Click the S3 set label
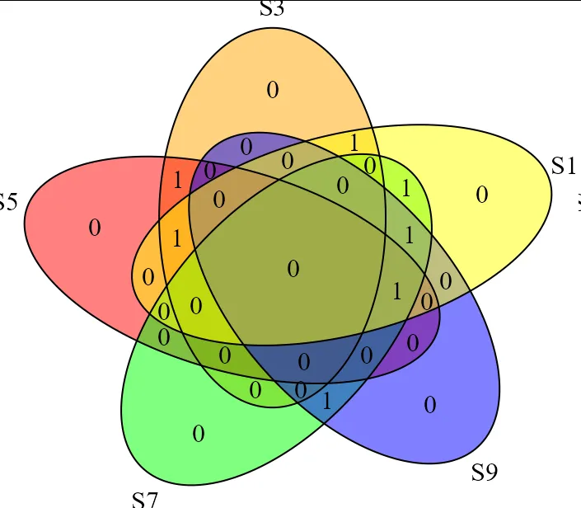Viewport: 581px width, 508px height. (272, 10)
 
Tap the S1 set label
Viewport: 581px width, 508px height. (564, 166)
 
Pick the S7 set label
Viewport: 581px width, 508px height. (144, 499)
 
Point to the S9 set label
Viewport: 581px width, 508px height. (485, 473)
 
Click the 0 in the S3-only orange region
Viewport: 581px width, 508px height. (273, 90)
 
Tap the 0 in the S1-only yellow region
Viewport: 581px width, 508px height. (482, 195)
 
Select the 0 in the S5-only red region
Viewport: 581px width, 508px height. (95, 228)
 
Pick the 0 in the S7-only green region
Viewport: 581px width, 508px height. (198, 433)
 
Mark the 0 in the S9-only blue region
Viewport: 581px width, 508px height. (429, 405)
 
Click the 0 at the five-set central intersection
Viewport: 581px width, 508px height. (293, 269)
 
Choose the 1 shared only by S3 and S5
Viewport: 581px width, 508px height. (177, 179)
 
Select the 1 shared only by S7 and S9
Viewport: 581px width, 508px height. (326, 402)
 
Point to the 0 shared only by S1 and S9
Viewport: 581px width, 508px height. (446, 281)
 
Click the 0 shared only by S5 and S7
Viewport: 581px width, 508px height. (163, 336)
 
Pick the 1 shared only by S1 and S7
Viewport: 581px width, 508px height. (406, 188)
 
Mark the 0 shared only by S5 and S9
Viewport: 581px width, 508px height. (413, 342)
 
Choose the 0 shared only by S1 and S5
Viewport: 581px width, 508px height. (148, 276)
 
